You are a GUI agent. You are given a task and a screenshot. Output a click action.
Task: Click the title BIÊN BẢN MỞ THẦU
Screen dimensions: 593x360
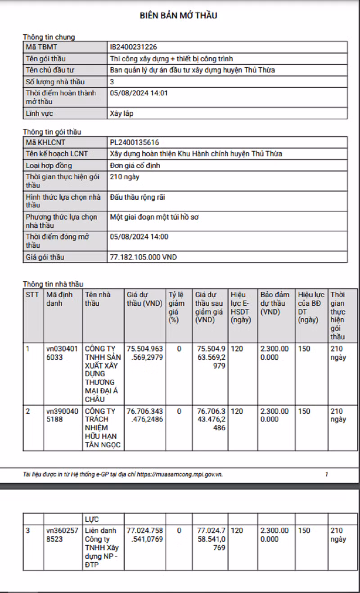point(179,16)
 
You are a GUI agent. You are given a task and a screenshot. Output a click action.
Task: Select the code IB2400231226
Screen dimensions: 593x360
point(134,47)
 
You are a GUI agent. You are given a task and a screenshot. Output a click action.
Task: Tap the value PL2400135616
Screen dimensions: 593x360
point(135,143)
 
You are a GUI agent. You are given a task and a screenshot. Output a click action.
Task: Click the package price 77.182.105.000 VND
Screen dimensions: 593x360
point(144,257)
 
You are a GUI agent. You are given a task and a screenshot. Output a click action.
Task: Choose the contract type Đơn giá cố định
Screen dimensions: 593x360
point(135,166)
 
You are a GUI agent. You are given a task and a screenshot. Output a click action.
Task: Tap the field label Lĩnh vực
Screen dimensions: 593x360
point(39,114)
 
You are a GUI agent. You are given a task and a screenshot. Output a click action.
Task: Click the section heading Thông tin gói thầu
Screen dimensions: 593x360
point(52,132)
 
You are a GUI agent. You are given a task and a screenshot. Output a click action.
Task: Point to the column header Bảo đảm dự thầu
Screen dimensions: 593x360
point(275,303)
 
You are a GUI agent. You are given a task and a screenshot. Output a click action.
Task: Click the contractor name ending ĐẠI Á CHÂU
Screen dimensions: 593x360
point(101,373)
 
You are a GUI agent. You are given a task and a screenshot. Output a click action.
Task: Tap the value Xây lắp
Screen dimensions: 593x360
point(121,114)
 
